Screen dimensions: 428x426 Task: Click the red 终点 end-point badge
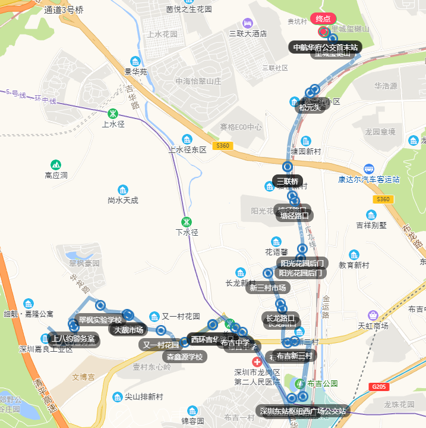(324, 18)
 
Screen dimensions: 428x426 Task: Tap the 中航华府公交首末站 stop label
(326, 47)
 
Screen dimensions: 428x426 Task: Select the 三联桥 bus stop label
(288, 181)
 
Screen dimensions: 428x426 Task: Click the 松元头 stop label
(310, 107)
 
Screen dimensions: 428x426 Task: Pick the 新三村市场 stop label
(267, 288)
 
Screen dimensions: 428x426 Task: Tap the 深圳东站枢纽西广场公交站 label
(302, 411)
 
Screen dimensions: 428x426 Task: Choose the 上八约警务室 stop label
(72, 339)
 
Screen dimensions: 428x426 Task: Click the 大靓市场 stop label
(128, 330)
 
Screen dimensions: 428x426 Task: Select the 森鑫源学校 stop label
(185, 357)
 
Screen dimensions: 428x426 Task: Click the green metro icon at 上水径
(113, 113)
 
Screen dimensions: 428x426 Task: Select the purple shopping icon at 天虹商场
(373, 314)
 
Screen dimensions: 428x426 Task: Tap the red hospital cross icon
(257, 362)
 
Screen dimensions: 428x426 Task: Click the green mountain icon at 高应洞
(56, 164)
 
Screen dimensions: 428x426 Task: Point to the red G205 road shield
(378, 387)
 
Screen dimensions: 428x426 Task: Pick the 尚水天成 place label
(123, 201)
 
